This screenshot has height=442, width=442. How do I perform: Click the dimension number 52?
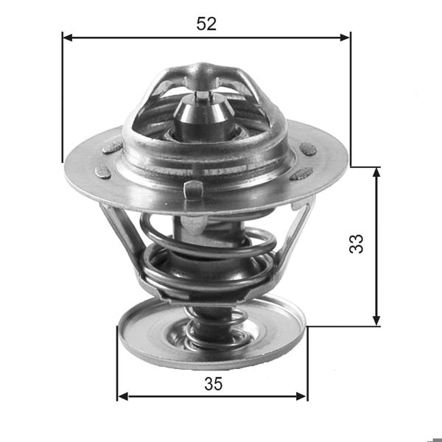pos(206,24)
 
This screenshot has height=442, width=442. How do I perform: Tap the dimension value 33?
pos(357,244)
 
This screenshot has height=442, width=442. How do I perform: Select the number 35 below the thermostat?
pos(213,384)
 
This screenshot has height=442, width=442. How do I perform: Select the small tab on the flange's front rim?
pos(193,189)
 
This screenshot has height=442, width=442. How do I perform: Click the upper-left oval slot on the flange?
pos(112,147)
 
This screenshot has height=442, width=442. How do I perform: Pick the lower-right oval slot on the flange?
pos(301,175)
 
